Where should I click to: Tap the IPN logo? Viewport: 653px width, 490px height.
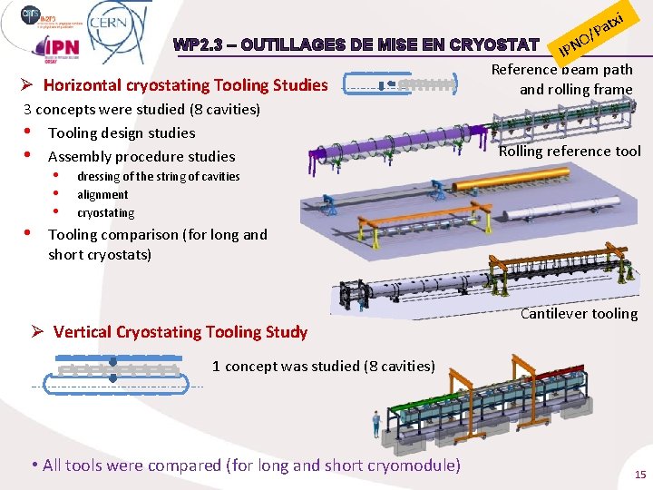tap(56, 46)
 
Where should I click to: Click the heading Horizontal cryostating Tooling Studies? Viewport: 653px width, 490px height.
tap(185, 85)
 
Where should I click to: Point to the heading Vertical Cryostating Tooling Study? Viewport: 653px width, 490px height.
tap(180, 331)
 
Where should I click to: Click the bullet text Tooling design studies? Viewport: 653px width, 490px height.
tap(122, 132)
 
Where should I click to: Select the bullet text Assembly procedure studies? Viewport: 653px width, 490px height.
tap(141, 156)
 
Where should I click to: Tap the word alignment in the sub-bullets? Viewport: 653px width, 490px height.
tap(102, 194)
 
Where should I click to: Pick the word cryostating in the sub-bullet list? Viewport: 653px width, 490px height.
tap(105, 212)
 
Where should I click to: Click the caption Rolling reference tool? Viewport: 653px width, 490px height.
tap(570, 151)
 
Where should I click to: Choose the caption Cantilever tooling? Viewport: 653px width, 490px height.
tap(579, 314)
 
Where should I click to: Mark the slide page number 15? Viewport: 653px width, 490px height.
tap(640, 474)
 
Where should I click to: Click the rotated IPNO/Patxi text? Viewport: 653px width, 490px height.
tap(591, 33)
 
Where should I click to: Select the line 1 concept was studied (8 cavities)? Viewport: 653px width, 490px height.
tap(324, 366)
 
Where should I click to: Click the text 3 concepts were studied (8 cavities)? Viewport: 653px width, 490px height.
tap(141, 109)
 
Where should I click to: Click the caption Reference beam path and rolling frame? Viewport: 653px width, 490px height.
tap(562, 79)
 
